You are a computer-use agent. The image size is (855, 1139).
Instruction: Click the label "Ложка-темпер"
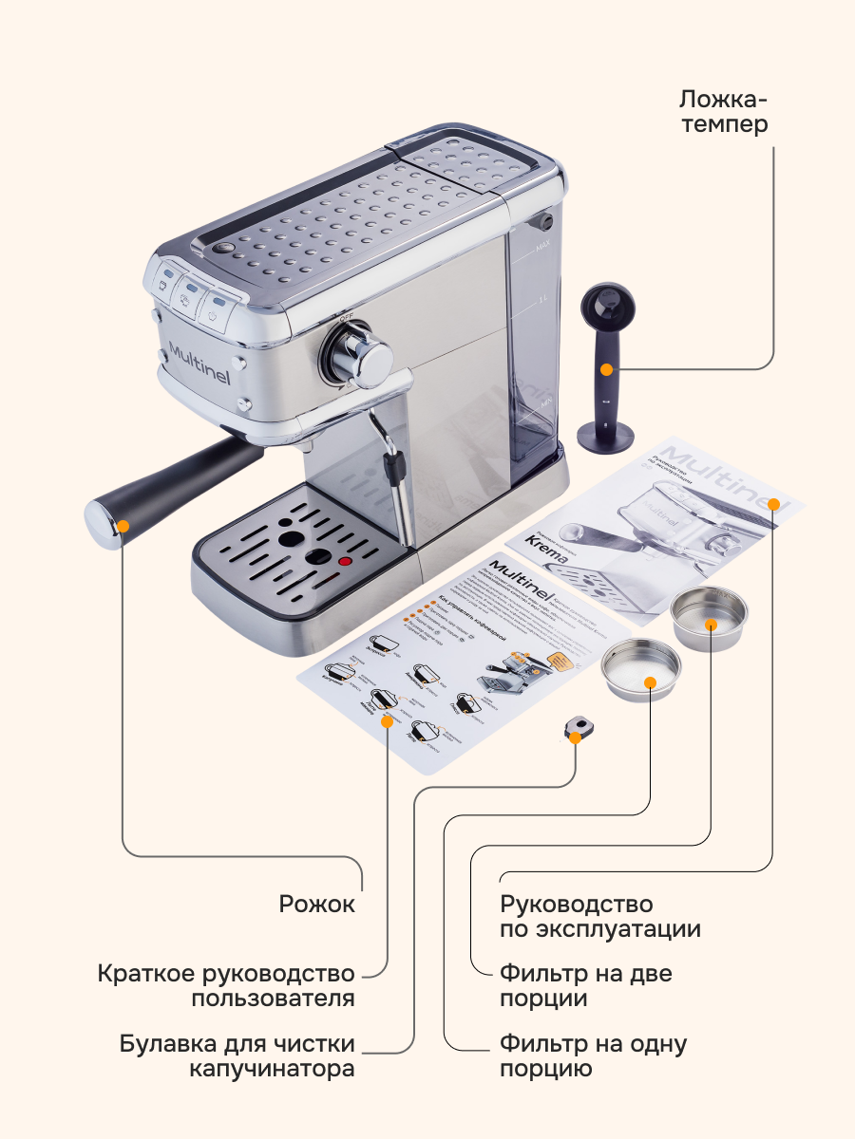pos(724,111)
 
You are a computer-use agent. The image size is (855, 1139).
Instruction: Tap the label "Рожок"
pos(317,904)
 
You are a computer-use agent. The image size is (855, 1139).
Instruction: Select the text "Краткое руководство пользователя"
pos(227,986)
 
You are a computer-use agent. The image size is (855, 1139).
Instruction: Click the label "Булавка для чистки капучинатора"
pos(237,1056)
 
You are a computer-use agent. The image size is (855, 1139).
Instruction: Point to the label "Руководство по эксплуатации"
pos(600,916)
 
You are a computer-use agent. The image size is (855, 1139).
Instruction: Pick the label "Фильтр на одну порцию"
pos(593,1056)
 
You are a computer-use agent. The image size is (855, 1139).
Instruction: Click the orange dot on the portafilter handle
pos(123,523)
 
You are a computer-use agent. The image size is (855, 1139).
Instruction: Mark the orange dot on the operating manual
pos(773,503)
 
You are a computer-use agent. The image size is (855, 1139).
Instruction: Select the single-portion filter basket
pos(642,669)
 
